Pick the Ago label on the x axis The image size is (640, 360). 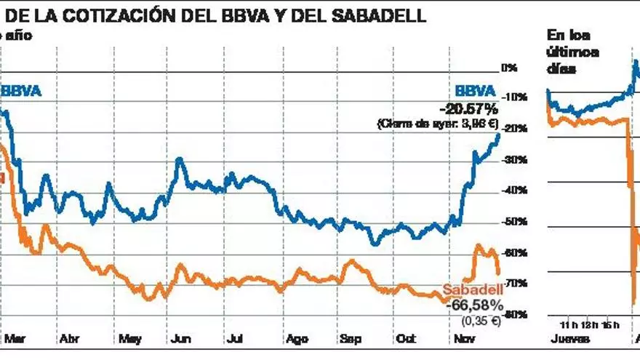pos(297,338)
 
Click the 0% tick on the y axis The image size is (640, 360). pos(508,68)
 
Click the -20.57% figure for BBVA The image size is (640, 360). pos(468,108)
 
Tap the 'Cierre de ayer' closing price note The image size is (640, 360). pos(437,124)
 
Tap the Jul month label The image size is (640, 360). pos(234,338)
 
